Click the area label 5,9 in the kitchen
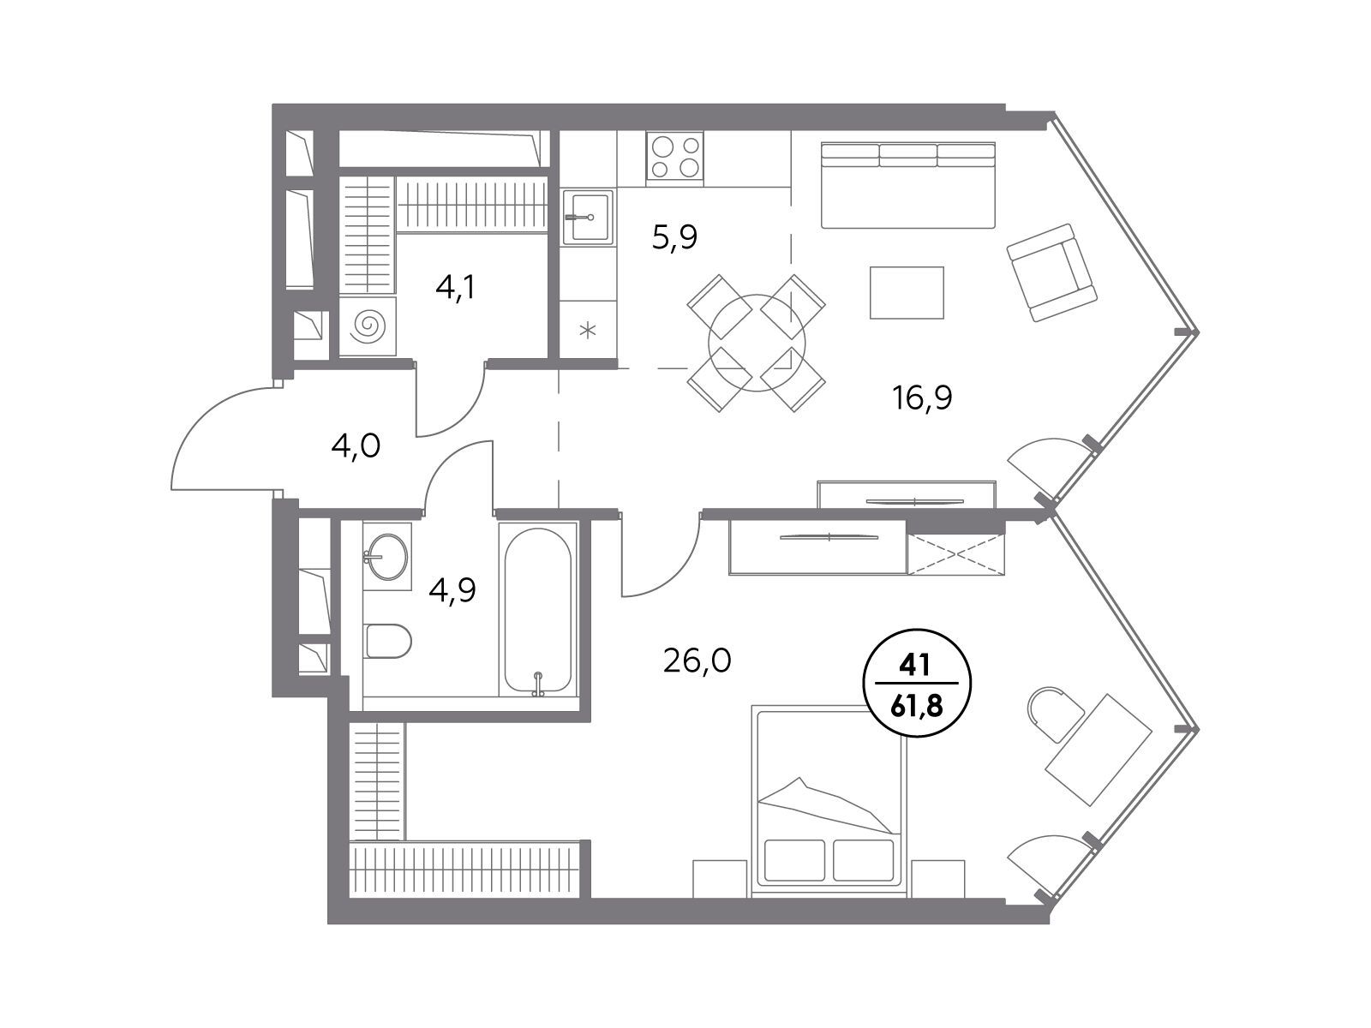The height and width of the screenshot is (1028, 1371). pos(674,237)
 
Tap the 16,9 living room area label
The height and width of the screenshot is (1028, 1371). pos(923,397)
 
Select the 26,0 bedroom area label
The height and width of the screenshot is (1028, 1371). pos(697,660)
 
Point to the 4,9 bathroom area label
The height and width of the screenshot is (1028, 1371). pos(452,590)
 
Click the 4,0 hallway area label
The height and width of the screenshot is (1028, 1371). pos(356,447)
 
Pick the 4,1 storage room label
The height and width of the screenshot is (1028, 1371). pos(455,288)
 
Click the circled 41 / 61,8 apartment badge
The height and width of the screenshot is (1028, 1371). pos(917,683)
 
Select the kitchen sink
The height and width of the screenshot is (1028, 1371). pos(587,217)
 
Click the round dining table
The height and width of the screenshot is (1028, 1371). pos(757,343)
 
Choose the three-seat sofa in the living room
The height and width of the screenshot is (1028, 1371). pos(907,185)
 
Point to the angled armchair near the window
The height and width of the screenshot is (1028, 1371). pos(1052,272)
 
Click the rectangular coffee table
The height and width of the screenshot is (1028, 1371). pos(907,292)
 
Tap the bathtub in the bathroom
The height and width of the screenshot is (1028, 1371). pos(537,611)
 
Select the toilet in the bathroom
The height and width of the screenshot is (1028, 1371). pos(388,641)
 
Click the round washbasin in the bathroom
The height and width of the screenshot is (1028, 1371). pos(387,556)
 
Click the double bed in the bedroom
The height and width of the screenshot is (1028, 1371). pos(829,801)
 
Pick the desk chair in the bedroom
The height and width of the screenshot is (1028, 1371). pos(1054,714)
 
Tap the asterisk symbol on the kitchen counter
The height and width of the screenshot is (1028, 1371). pos(587,330)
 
